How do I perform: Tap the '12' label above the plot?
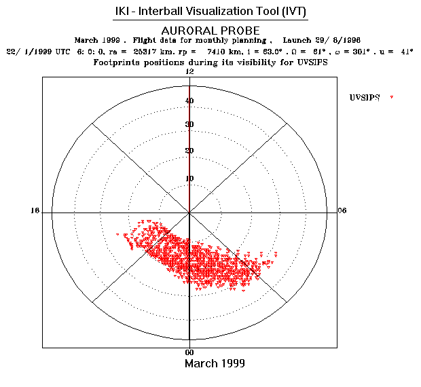click(189, 72)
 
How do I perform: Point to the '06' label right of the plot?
click(342, 210)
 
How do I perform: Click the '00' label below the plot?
click(190, 352)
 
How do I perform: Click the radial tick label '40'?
click(189, 101)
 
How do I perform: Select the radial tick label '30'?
click(189, 124)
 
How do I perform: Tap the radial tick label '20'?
click(189, 151)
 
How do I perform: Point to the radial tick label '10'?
click(189, 179)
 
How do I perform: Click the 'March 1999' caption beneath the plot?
click(215, 364)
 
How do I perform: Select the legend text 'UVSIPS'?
click(364, 98)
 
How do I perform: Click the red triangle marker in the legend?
click(392, 98)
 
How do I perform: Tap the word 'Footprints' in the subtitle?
click(115, 62)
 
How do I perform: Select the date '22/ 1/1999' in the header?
click(28, 52)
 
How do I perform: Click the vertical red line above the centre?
click(189, 149)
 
